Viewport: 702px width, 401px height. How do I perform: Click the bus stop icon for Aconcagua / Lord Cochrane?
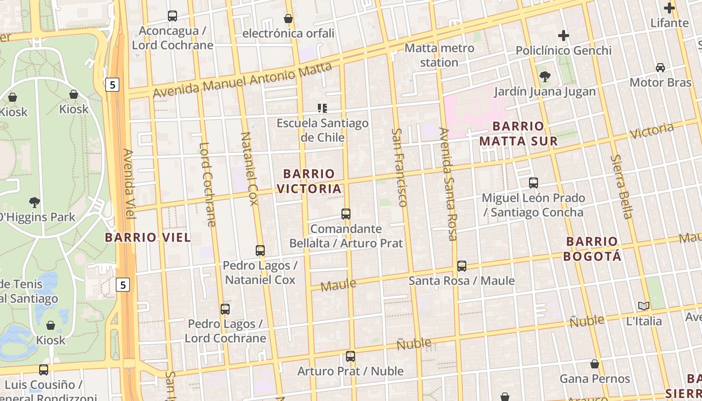(172, 16)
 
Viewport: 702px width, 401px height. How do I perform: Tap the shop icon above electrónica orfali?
(288, 19)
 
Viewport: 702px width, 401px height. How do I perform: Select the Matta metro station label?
(439, 55)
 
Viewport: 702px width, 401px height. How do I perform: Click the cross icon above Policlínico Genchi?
(564, 36)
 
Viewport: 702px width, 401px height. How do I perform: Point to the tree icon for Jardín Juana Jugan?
(545, 77)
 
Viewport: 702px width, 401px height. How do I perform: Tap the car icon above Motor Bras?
(660, 68)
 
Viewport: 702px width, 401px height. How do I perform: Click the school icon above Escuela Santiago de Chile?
(322, 108)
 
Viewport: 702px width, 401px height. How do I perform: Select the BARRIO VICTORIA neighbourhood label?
(309, 181)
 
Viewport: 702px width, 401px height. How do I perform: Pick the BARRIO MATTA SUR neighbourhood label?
(518, 133)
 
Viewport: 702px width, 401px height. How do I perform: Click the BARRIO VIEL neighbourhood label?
(148, 238)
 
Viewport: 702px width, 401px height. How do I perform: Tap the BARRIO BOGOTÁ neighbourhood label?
(592, 249)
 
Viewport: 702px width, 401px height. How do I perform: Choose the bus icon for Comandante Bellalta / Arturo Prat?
(345, 214)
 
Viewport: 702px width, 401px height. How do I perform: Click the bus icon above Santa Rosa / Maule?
(462, 266)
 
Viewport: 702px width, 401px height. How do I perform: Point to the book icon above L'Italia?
(644, 306)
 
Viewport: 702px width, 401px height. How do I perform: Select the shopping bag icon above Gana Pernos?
(595, 364)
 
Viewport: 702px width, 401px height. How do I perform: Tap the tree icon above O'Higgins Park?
(35, 203)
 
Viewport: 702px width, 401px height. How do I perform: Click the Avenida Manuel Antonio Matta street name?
(242, 81)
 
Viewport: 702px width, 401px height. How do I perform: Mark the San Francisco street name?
(399, 167)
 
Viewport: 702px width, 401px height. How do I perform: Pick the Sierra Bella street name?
(621, 187)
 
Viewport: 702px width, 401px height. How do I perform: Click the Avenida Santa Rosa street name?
(448, 183)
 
